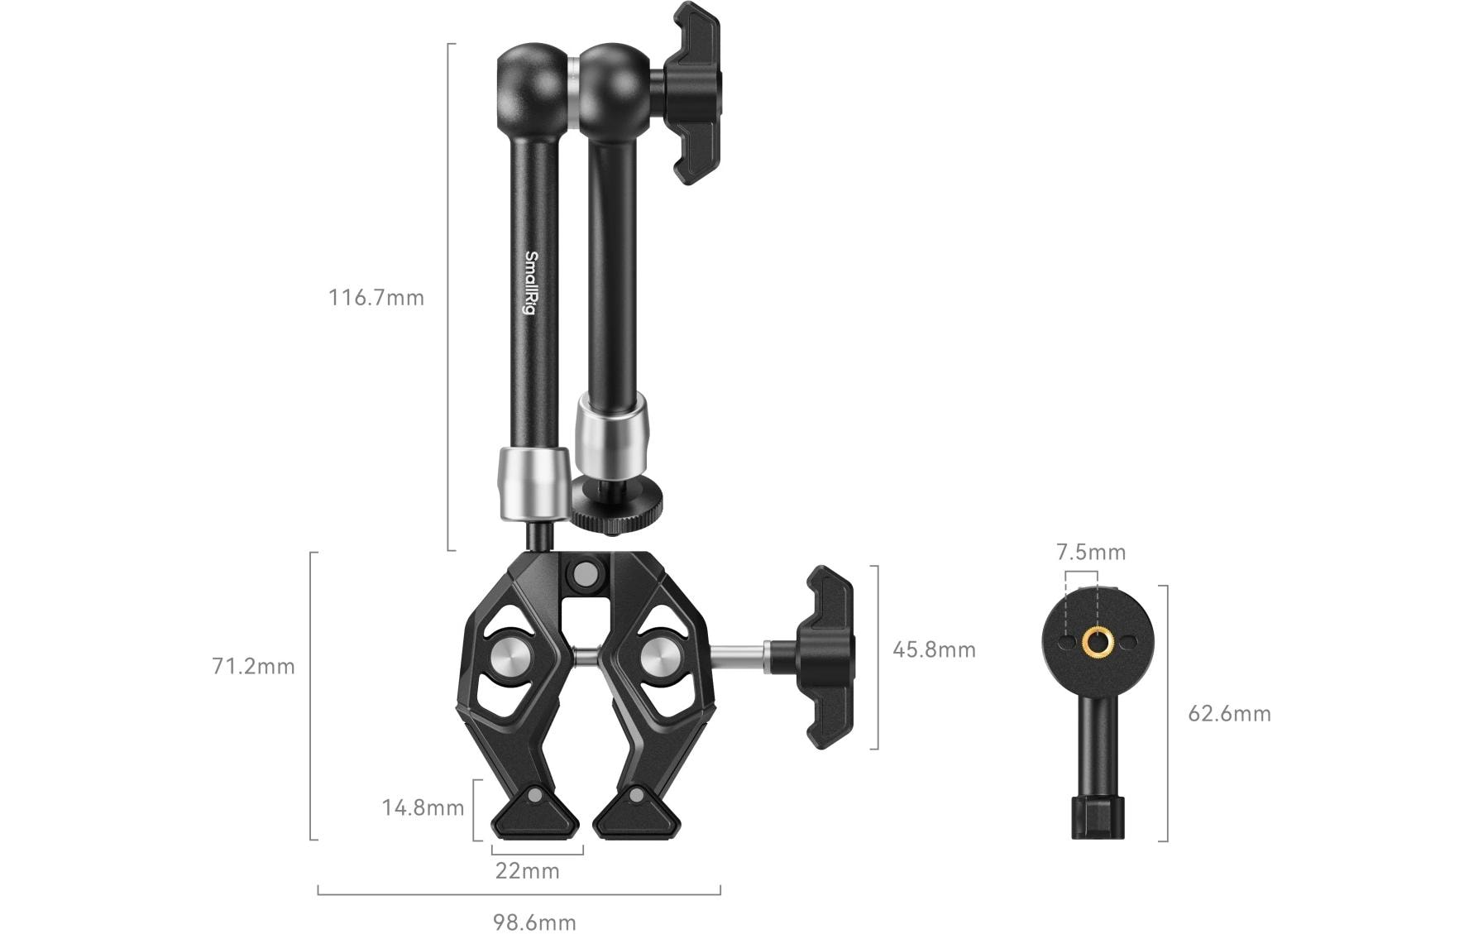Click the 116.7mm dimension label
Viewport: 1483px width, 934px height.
(376, 298)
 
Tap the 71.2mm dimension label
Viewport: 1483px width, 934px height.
(253, 666)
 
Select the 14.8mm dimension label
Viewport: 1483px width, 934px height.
(423, 807)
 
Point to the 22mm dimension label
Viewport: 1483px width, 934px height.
(528, 870)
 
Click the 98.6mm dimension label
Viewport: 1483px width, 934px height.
(535, 922)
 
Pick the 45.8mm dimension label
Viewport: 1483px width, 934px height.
(934, 649)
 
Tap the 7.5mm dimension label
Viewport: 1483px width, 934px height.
(1091, 552)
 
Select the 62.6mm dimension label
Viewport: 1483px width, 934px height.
(1229, 713)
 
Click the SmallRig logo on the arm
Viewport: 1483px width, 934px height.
(532, 283)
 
